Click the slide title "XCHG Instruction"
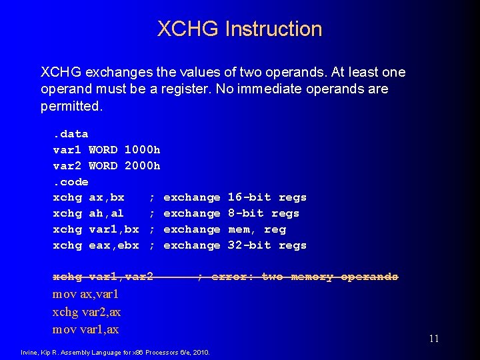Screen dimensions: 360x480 [239, 29]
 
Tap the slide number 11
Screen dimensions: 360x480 [434, 339]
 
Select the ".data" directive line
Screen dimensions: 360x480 [71, 134]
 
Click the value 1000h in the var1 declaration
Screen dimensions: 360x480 [142, 150]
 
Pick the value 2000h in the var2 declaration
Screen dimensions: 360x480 [142, 166]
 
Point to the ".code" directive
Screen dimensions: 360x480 [71, 182]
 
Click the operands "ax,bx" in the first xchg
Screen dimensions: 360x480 [107, 197]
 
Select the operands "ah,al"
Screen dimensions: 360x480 [107, 213]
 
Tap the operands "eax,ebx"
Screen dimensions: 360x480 [114, 245]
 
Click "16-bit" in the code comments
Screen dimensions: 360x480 [249, 197]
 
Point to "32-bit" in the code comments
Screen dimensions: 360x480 [249, 245]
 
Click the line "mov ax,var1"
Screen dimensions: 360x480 [85, 294]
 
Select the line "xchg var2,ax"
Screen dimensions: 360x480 [87, 311]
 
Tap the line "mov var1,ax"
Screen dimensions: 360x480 [85, 329]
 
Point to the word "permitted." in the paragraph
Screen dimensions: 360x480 [72, 106]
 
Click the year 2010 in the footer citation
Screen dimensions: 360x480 [202, 352]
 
